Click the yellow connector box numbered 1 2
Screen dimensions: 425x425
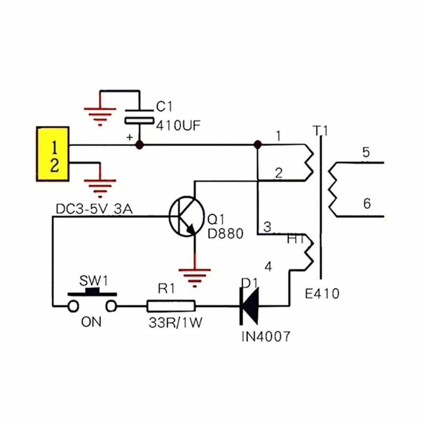[53, 154]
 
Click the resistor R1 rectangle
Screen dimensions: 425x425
[171, 305]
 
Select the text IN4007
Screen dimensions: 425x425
[266, 337]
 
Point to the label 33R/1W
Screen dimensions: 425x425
[175, 323]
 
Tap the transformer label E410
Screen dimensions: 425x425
[323, 293]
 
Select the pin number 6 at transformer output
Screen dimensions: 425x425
[367, 204]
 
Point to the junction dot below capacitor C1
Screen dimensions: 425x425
[138, 145]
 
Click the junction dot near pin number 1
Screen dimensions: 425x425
[257, 145]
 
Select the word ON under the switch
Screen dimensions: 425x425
[91, 322]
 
